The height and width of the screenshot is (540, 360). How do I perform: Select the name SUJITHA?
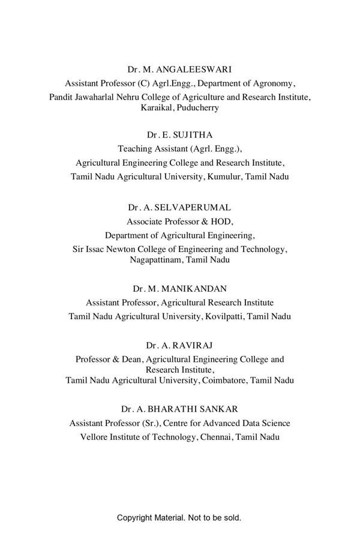(x=191, y=135)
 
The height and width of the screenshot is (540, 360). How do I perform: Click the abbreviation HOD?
(x=220, y=221)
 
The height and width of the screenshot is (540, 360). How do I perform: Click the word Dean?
(x=131, y=359)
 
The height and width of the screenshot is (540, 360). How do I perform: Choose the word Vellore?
(x=94, y=437)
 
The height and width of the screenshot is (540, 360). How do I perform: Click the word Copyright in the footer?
(x=135, y=517)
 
